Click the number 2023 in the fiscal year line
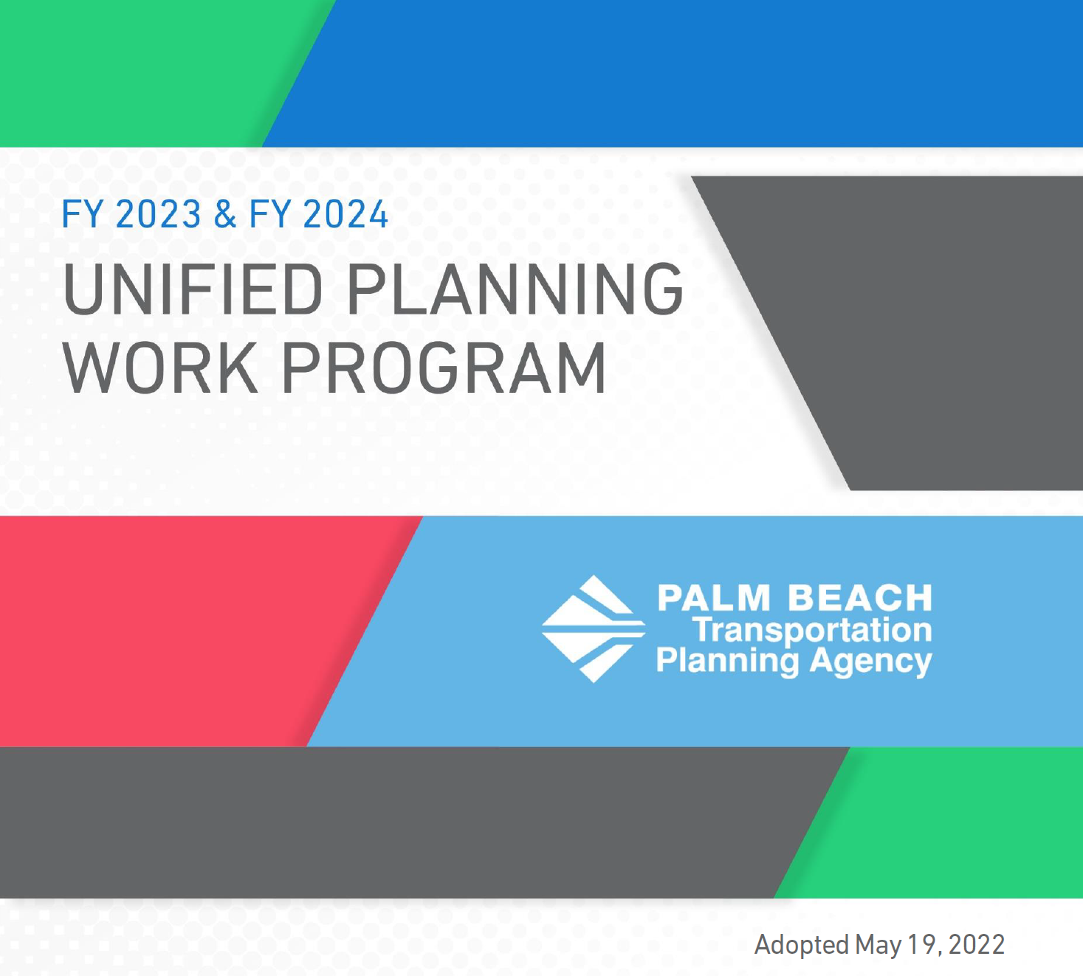158,214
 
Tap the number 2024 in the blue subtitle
345,214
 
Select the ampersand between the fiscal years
224,214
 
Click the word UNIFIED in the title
193,289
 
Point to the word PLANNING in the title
515,289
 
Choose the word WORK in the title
160,367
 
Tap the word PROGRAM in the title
444,367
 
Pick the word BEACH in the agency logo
860,598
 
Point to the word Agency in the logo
870,661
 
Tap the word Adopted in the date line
801,945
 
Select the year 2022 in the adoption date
977,945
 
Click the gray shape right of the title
929,333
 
